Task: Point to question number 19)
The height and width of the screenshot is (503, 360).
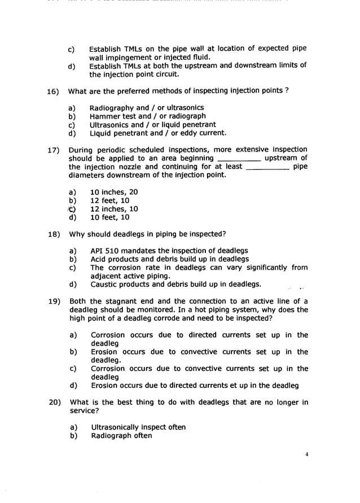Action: [x=55, y=301]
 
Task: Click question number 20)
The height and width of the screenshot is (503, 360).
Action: [x=55, y=403]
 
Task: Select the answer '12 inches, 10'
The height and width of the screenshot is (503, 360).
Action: [x=113, y=209]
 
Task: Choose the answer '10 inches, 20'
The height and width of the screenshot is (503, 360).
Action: [x=113, y=192]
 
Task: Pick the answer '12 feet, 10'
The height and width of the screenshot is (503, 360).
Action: [x=109, y=200]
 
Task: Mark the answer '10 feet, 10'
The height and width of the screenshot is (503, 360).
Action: [x=109, y=217]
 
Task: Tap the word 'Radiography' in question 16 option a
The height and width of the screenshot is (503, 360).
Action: [x=112, y=108]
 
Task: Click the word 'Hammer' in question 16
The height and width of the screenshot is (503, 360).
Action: [x=104, y=116]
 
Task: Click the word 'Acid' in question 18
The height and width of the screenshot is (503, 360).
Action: [x=98, y=259]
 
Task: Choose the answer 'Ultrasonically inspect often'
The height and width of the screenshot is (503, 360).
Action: [x=138, y=427]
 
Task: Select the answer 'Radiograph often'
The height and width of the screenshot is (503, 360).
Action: [x=121, y=436]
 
